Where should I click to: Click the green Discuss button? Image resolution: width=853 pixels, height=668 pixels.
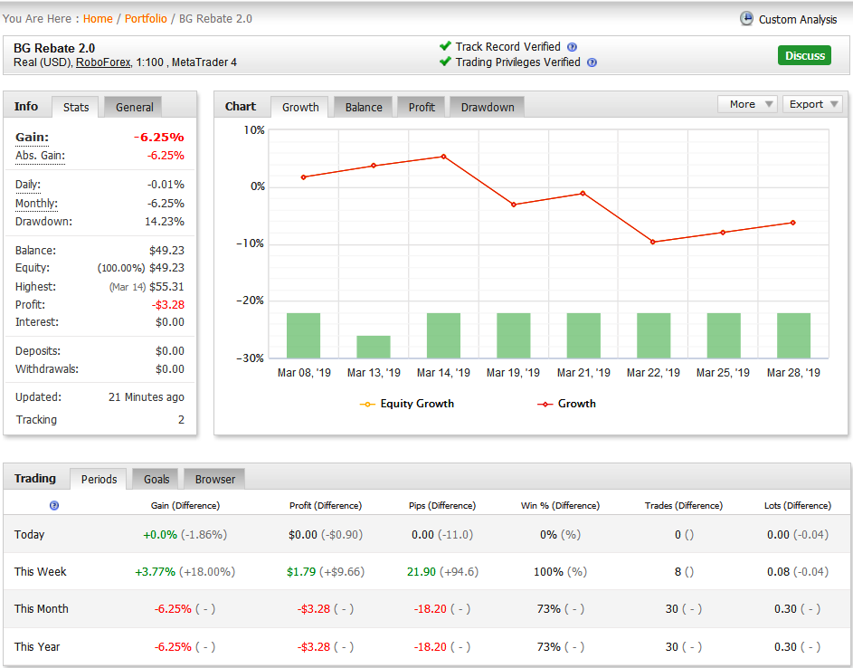(804, 55)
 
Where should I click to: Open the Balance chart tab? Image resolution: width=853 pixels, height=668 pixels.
(364, 107)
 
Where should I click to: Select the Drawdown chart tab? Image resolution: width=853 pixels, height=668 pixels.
(488, 107)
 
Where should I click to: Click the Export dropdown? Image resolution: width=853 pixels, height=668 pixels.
(812, 104)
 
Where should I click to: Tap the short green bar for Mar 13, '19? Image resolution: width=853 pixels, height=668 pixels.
(374, 347)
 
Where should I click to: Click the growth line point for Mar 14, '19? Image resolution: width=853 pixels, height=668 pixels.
(444, 157)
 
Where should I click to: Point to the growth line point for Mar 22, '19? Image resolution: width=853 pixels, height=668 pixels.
(653, 242)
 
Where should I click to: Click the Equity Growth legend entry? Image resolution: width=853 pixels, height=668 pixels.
(407, 404)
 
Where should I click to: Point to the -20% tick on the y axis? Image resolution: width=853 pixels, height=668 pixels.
(251, 301)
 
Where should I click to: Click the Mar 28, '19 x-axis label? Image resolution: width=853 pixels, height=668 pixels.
(793, 373)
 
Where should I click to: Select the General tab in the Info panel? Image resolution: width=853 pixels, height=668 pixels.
(135, 107)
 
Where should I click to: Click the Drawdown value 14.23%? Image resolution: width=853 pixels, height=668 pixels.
(165, 222)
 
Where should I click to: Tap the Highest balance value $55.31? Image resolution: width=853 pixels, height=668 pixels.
(166, 286)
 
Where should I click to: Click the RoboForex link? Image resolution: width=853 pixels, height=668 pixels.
(103, 62)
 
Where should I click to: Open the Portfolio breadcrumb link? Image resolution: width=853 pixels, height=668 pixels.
(146, 18)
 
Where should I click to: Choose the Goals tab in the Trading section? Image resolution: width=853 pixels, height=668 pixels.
(156, 479)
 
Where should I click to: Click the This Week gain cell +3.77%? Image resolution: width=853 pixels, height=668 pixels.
(155, 572)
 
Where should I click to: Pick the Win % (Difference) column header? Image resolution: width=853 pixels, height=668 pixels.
(560, 506)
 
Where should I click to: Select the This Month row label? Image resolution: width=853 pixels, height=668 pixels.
(42, 608)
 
